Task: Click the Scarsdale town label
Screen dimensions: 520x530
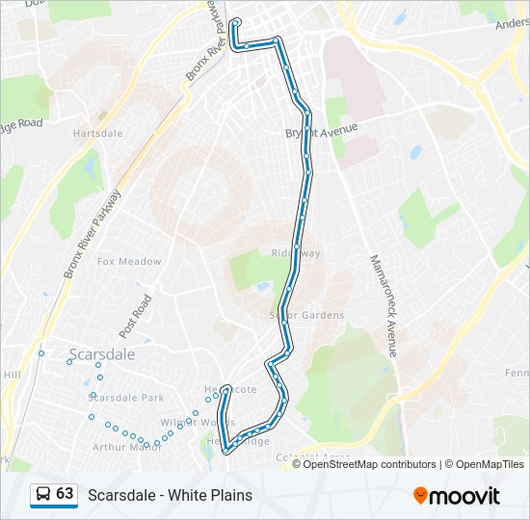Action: pos(102,352)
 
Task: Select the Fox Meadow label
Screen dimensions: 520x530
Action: pos(129,261)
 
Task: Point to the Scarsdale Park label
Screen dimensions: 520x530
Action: pos(127,397)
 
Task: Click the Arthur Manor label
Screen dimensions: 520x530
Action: pos(126,447)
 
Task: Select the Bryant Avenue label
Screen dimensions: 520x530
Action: pos(322,130)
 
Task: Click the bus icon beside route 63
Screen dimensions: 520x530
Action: pos(43,494)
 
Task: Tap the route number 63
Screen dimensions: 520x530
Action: pos(65,494)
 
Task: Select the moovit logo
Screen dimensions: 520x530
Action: pos(457,495)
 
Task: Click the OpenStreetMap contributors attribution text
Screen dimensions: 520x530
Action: pos(370,464)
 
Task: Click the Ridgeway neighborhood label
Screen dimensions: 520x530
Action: pos(295,253)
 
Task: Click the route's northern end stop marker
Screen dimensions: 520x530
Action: pos(234,20)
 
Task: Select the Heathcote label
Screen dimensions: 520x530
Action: pos(231,389)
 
